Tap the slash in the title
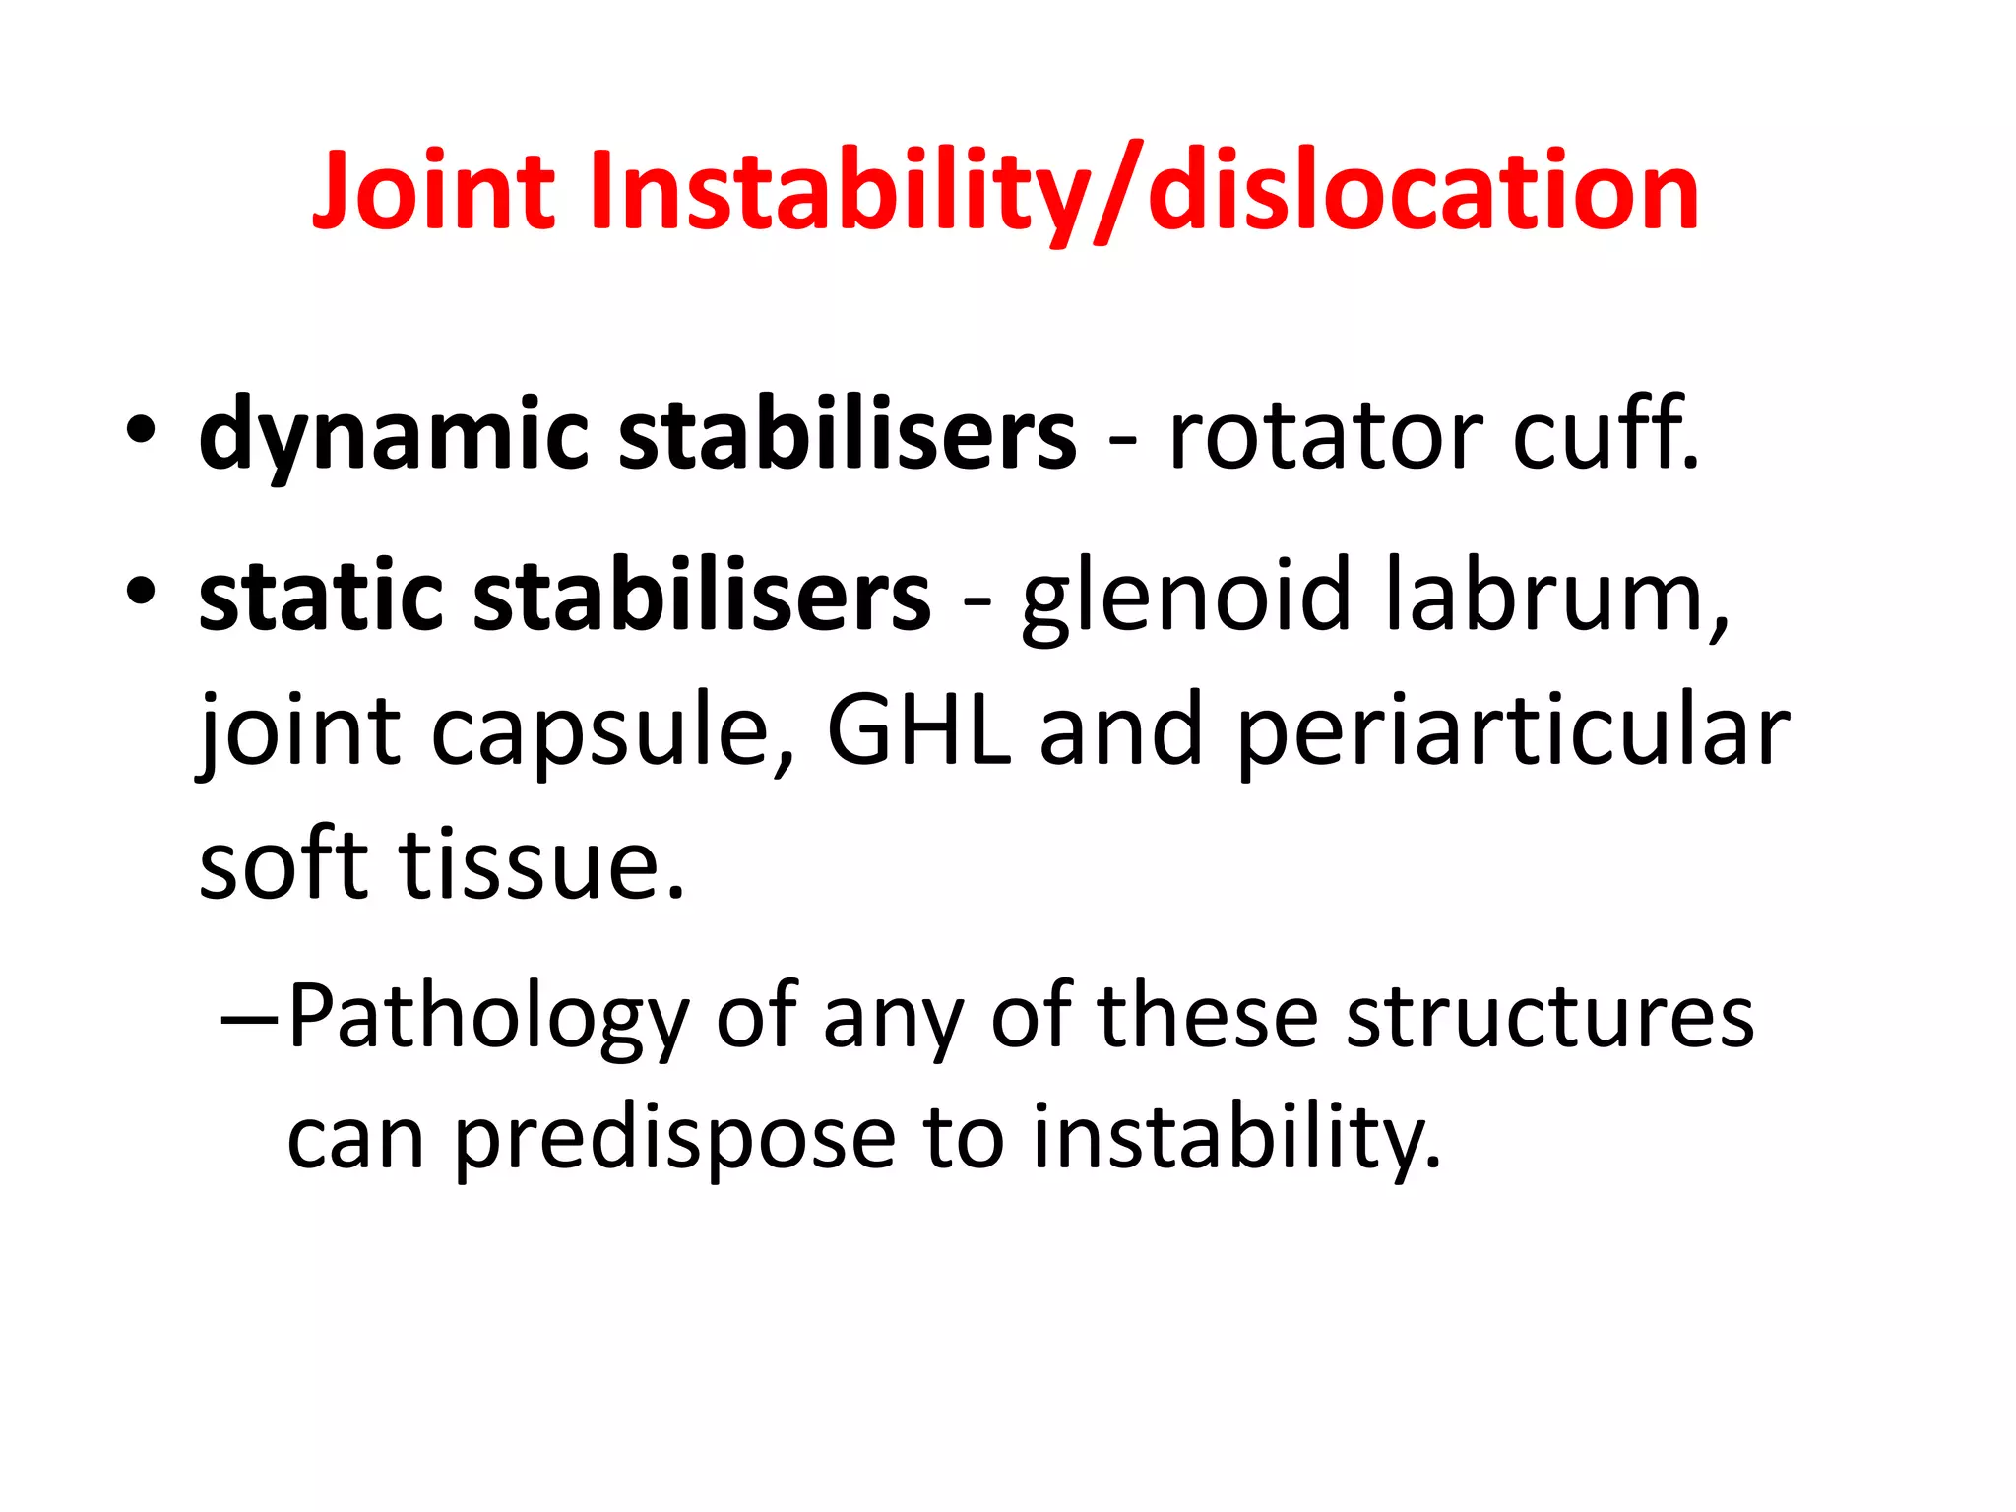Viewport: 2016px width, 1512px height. coord(1118,192)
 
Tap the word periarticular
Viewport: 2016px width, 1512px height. coord(1512,733)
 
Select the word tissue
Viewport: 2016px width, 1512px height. coord(540,865)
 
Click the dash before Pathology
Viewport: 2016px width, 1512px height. coord(251,1018)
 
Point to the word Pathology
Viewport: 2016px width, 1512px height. coord(488,1020)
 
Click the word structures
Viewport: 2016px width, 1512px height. coord(1549,1018)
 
